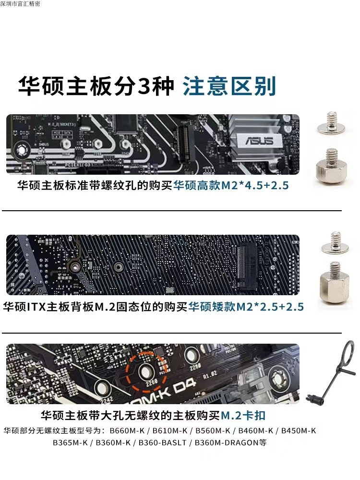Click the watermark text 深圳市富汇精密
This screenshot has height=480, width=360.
(21, 4)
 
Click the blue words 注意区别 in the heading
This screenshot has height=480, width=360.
(229, 86)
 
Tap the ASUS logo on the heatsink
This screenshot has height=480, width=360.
(259, 141)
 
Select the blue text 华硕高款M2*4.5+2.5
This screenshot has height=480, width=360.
(231, 185)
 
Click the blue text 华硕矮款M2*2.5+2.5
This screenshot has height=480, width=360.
(246, 306)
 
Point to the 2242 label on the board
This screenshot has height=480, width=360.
(106, 399)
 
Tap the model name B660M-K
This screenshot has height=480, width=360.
(127, 431)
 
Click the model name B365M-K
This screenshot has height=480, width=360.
(70, 443)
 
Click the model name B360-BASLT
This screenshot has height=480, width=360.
(164, 443)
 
